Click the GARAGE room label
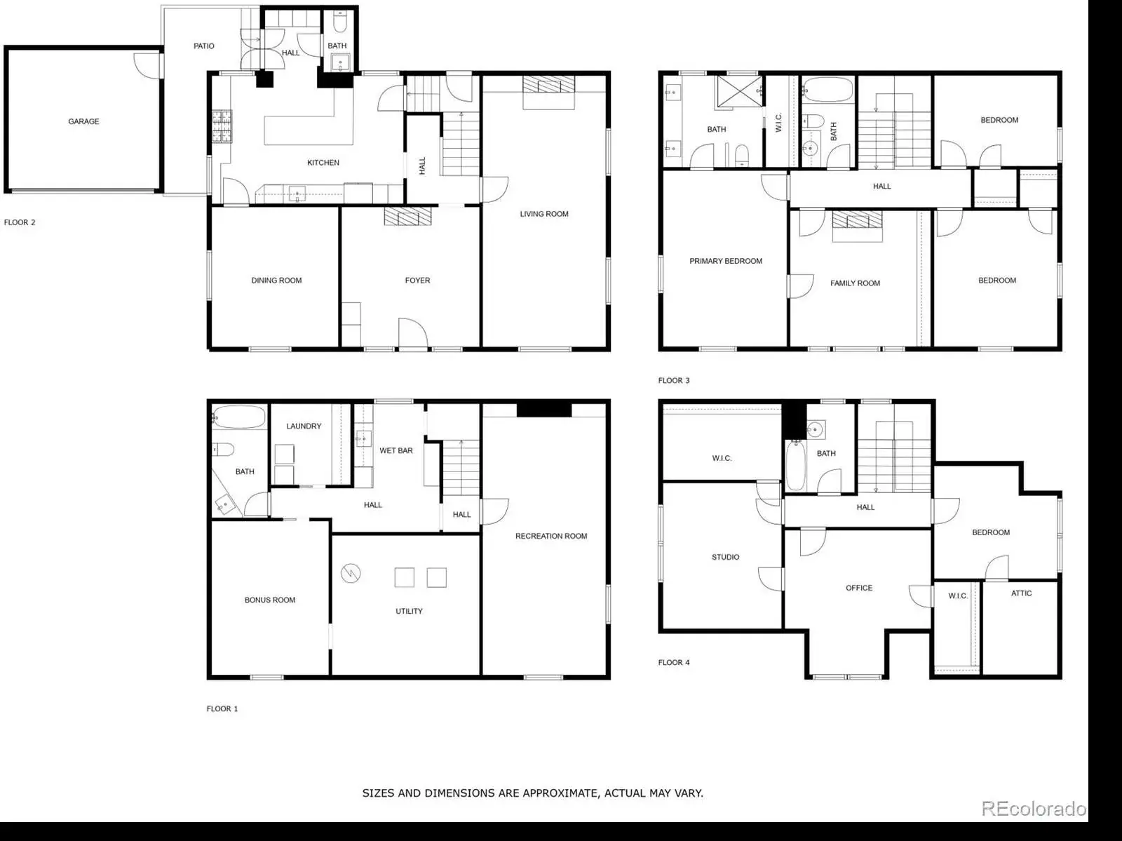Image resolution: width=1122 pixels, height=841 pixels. pyautogui.click(x=84, y=121)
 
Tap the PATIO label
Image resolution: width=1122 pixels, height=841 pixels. pyautogui.click(x=204, y=46)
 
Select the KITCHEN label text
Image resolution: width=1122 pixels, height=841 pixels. pyautogui.click(x=323, y=163)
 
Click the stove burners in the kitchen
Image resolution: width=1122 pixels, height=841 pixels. pyautogui.click(x=222, y=126)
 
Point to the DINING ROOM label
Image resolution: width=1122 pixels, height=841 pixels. pyautogui.click(x=276, y=280)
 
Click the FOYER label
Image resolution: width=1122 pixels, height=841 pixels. pyautogui.click(x=418, y=280)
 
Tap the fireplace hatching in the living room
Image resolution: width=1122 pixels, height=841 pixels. pyautogui.click(x=548, y=84)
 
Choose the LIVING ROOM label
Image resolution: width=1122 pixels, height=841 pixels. pyautogui.click(x=544, y=214)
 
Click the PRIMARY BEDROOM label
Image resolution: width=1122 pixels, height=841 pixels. pyautogui.click(x=726, y=261)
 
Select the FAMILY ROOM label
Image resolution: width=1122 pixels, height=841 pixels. pyautogui.click(x=855, y=283)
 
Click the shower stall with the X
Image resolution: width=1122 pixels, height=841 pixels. pyautogui.click(x=739, y=91)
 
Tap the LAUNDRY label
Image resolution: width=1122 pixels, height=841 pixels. pyautogui.click(x=304, y=426)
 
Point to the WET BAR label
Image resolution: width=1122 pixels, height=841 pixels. pyautogui.click(x=396, y=450)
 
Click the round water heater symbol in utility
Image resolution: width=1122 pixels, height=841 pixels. pyautogui.click(x=351, y=573)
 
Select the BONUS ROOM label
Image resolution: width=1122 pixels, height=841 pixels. pyautogui.click(x=270, y=600)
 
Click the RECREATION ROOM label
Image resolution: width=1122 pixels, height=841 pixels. pyautogui.click(x=551, y=536)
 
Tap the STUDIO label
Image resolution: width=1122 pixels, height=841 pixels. pyautogui.click(x=726, y=557)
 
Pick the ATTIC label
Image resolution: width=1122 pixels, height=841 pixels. pyautogui.click(x=1021, y=593)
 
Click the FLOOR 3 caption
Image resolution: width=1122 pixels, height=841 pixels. pyautogui.click(x=674, y=380)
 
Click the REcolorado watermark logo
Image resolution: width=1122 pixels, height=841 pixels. pyautogui.click(x=1034, y=808)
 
